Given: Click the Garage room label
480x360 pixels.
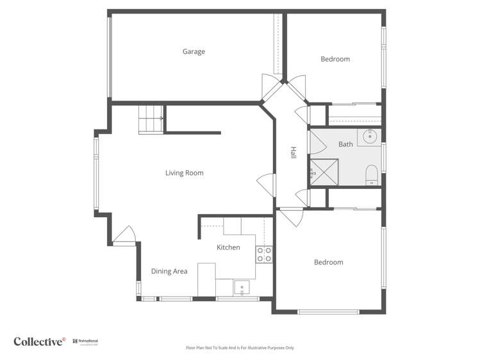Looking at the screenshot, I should point(194,52).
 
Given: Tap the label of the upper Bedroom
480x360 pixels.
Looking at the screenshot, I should point(335,60).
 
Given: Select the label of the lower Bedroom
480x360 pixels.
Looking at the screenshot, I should point(328,263).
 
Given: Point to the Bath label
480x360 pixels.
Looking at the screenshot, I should point(345,144).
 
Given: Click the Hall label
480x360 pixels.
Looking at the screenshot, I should point(293,153).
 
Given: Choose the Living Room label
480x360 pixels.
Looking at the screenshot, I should point(184,173).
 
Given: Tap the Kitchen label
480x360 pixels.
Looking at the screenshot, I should point(228,247).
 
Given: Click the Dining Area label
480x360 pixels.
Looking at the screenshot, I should point(169,272).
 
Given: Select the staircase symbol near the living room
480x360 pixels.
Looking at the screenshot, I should point(151,120).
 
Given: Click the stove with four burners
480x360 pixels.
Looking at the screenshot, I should point(265,254).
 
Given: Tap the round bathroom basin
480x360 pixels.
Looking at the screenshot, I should point(370,136).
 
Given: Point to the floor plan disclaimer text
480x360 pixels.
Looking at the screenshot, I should point(240,348).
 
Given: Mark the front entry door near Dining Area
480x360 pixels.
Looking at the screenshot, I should point(124,236).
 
